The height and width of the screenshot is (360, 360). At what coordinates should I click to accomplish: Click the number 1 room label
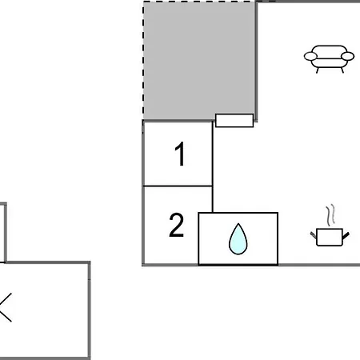[180, 154]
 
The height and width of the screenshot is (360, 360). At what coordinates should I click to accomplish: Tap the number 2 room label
[177, 225]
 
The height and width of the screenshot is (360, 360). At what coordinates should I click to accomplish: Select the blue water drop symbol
[238, 239]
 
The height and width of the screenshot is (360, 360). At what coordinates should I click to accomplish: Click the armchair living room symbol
[329, 58]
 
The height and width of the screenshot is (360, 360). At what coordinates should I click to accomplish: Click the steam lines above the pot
[330, 215]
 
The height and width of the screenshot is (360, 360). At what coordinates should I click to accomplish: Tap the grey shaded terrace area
[198, 61]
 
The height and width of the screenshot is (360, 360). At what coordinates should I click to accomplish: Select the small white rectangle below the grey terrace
[234, 121]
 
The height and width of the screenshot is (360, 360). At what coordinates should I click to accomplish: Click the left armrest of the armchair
[310, 57]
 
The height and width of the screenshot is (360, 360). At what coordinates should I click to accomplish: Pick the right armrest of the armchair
[348, 57]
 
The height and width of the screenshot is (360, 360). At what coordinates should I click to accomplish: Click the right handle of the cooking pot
[346, 236]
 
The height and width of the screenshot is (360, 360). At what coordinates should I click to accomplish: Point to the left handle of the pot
[314, 235]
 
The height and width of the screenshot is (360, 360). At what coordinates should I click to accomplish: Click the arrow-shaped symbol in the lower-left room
[6, 307]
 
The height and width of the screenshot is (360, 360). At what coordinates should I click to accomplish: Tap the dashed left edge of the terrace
[143, 61]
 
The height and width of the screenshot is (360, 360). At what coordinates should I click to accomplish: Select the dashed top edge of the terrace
[199, 2]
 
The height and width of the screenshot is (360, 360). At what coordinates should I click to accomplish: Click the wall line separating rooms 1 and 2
[178, 186]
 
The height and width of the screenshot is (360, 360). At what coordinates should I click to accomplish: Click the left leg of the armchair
[318, 70]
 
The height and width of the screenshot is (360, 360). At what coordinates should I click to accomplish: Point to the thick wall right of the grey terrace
[256, 62]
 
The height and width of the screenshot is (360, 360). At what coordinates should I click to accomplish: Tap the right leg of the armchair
[342, 70]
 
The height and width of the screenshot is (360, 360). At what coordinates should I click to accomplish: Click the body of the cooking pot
[330, 237]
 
